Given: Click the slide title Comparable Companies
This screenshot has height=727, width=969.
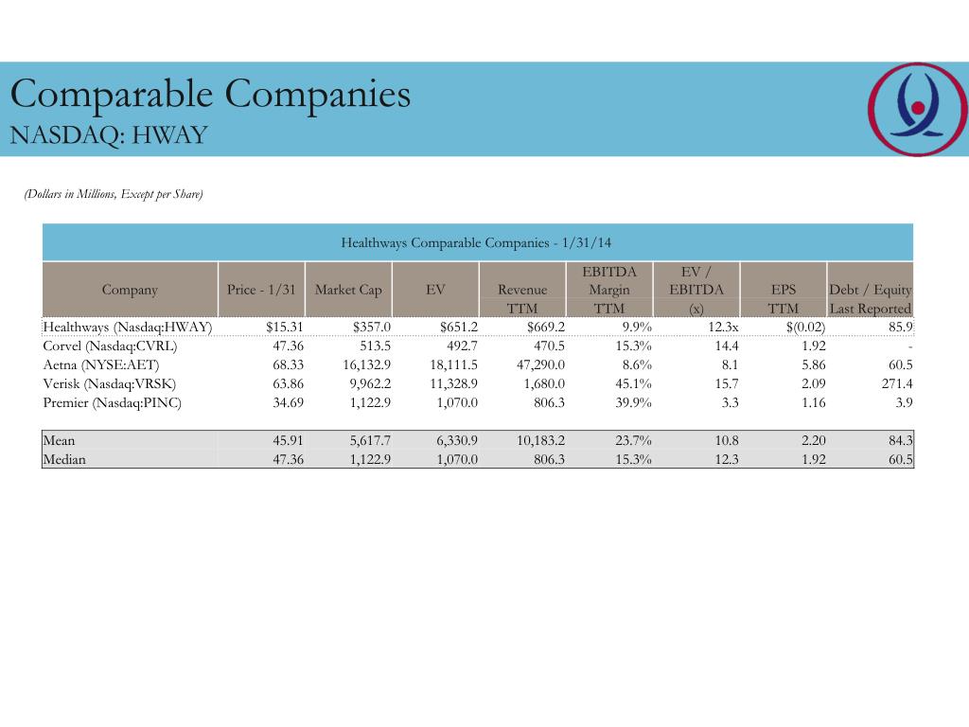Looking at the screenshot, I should click(210, 94).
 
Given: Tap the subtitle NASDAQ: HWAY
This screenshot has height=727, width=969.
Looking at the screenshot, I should click(108, 135).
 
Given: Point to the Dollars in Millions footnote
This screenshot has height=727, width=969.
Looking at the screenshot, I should click(114, 194).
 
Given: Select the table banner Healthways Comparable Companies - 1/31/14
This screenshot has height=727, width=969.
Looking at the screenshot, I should click(477, 242).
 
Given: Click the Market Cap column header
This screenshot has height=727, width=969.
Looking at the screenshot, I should click(348, 290).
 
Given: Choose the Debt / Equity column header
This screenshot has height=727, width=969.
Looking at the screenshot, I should click(870, 290).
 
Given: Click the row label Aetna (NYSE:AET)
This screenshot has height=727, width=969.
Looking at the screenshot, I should click(101, 364).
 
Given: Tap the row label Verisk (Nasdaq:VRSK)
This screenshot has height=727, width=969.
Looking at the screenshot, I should click(110, 383).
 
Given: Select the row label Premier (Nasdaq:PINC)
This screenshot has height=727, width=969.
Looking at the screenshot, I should click(113, 402).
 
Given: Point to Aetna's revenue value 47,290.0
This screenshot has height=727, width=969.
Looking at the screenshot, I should click(537, 364).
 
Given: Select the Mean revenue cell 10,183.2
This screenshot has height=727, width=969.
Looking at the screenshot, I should click(537, 440).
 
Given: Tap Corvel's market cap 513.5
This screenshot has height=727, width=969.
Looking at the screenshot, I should click(372, 346).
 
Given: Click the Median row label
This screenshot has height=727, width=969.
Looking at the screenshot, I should click(64, 459).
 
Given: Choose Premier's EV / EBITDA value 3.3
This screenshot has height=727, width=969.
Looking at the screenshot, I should click(729, 402).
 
